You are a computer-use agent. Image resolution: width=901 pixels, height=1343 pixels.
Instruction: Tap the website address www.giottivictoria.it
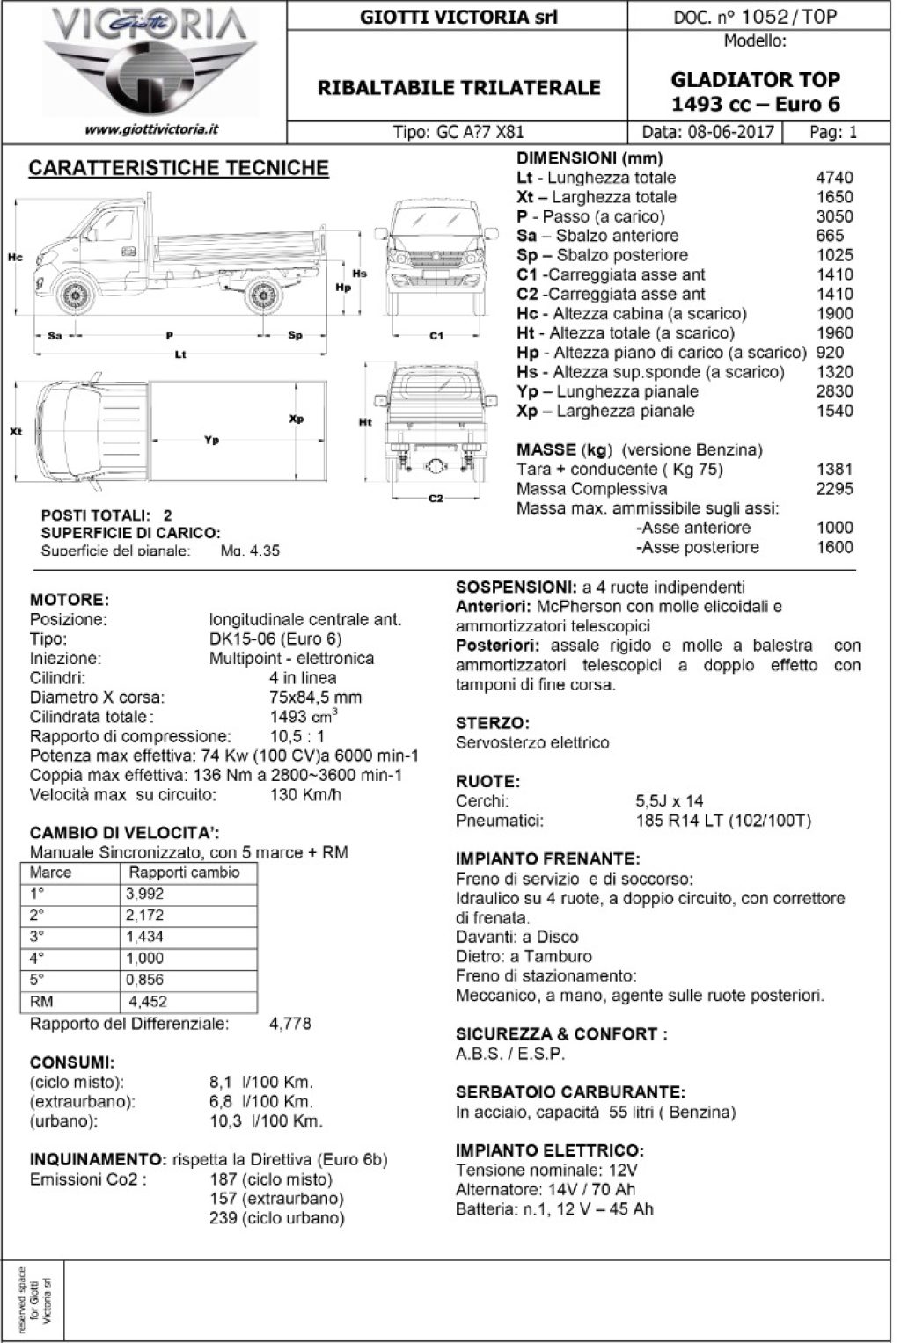[151, 129]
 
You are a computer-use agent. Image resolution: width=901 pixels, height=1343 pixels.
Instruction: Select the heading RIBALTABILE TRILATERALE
[458, 87]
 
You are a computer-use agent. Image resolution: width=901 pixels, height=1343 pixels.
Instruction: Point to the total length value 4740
[834, 178]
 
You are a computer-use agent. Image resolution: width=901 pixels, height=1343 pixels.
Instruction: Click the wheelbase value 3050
[834, 216]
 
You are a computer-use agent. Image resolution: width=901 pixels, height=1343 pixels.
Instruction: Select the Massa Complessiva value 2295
[834, 489]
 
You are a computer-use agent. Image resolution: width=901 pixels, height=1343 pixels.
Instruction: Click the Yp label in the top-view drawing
[211, 440]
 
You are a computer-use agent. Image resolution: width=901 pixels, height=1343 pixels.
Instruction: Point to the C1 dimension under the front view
[436, 335]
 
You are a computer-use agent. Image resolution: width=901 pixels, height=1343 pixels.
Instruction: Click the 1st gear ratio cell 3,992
[145, 894]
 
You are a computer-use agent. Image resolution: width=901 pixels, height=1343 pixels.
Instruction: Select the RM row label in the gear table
[42, 1001]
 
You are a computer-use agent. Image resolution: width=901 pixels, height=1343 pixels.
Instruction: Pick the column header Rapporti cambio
[184, 872]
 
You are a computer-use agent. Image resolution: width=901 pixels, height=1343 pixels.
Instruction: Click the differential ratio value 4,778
[289, 1024]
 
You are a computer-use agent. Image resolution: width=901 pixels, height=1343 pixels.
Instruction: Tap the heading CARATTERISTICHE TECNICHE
[179, 168]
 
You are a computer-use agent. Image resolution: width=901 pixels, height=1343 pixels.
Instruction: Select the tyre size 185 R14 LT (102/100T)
[722, 821]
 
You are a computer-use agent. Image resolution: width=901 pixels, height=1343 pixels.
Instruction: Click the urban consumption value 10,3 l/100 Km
[266, 1120]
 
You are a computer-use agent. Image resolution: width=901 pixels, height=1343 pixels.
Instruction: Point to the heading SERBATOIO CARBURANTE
[569, 1092]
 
